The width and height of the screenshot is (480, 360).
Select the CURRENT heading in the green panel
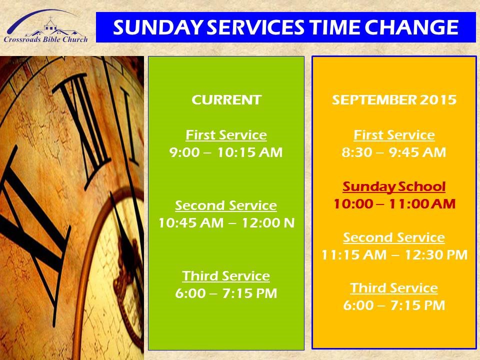tap(226, 100)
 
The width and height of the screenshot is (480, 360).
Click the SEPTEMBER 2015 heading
tap(394, 100)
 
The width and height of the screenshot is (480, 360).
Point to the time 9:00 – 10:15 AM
tap(226, 152)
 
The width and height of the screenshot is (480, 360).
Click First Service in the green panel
tap(226, 135)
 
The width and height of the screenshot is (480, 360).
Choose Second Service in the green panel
tap(226, 205)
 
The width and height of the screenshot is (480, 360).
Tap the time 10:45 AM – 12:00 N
tap(226, 222)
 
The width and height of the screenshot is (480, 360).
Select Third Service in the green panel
tap(226, 275)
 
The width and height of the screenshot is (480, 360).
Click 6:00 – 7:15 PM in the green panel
tap(226, 293)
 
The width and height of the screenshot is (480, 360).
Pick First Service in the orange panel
tap(394, 135)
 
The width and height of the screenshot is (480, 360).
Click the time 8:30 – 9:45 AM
tap(394, 152)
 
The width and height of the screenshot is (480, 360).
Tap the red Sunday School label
tap(394, 187)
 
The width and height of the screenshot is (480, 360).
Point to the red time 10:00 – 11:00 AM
tap(394, 204)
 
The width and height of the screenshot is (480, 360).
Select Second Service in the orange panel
tap(394, 237)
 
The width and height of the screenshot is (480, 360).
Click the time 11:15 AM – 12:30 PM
tap(394, 255)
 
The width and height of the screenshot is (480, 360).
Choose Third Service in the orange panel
tap(394, 288)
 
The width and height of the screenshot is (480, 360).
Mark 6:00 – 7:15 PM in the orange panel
tap(394, 305)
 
